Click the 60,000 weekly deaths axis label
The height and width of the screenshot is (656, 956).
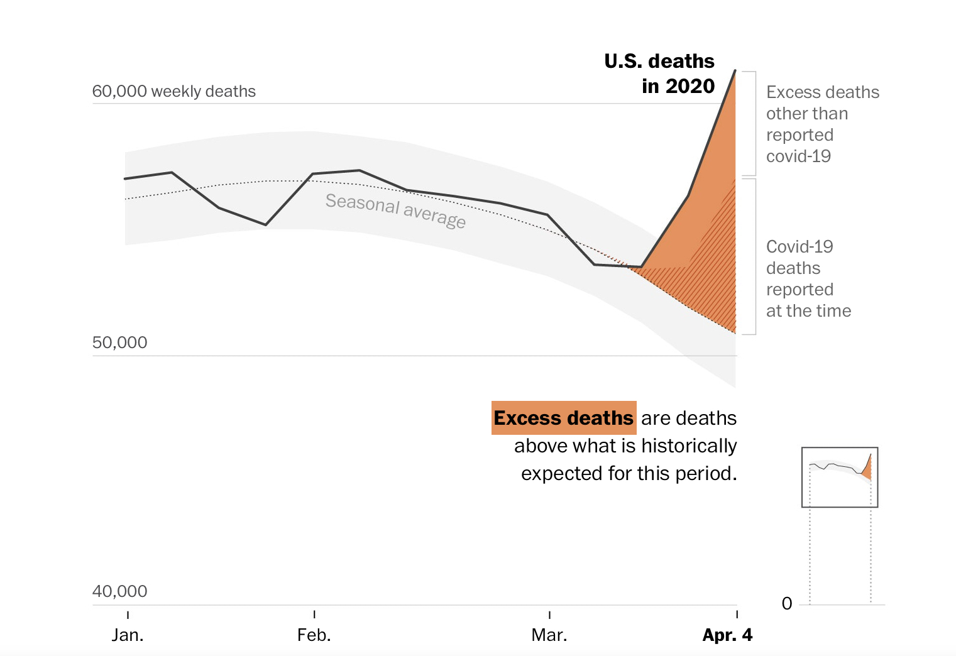click(x=173, y=91)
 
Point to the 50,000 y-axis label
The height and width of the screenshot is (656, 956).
click(x=119, y=342)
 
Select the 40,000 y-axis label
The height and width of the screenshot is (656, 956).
click(x=119, y=591)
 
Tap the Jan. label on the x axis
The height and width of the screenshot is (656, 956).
click(x=128, y=635)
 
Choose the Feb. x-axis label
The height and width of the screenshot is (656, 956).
click(x=314, y=635)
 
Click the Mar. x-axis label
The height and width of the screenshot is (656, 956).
click(x=549, y=635)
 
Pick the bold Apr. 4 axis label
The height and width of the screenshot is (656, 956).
click(x=727, y=635)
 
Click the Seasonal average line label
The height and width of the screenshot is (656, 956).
click(x=395, y=210)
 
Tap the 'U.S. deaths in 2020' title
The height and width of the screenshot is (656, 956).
click(x=659, y=74)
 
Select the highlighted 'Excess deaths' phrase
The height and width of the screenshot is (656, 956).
click(x=564, y=418)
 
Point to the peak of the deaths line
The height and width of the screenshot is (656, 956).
click(x=735, y=71)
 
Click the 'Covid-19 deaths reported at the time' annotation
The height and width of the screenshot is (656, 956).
click(x=808, y=278)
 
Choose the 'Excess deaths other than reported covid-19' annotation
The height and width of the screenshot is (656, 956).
click(x=822, y=124)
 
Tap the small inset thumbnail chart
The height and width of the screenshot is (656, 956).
click(x=840, y=477)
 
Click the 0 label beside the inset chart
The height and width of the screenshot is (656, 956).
click(x=787, y=604)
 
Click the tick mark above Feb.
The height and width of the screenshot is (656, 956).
click(x=314, y=614)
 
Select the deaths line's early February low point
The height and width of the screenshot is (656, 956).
click(x=266, y=224)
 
